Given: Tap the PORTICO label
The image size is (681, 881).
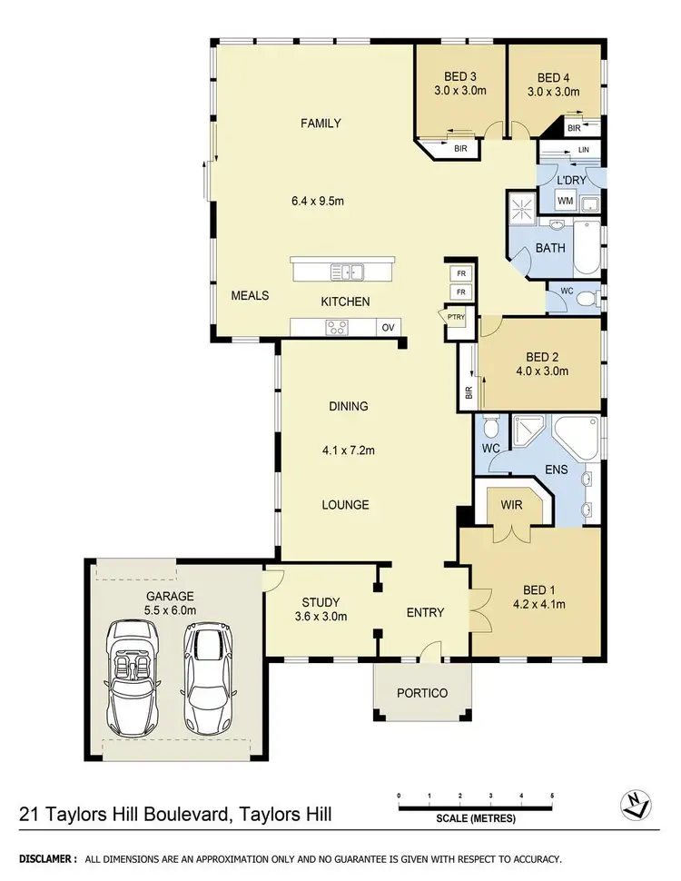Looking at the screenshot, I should pos(422,692).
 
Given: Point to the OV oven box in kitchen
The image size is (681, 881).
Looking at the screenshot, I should pos(388,328).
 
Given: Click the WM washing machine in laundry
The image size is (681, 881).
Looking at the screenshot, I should pos(564,202).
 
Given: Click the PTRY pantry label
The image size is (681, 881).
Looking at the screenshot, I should pos(455,316).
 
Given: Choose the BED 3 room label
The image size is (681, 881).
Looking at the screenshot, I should pos(459,77).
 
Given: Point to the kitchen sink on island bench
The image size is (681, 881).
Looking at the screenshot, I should pos(348,271).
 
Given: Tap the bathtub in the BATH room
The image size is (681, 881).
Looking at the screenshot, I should pos(587,252).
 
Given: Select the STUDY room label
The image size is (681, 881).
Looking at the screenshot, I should pos(320,602).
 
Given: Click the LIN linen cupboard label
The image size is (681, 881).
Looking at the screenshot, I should pos(584,149).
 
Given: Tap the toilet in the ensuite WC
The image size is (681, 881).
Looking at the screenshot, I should pos(490,427).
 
